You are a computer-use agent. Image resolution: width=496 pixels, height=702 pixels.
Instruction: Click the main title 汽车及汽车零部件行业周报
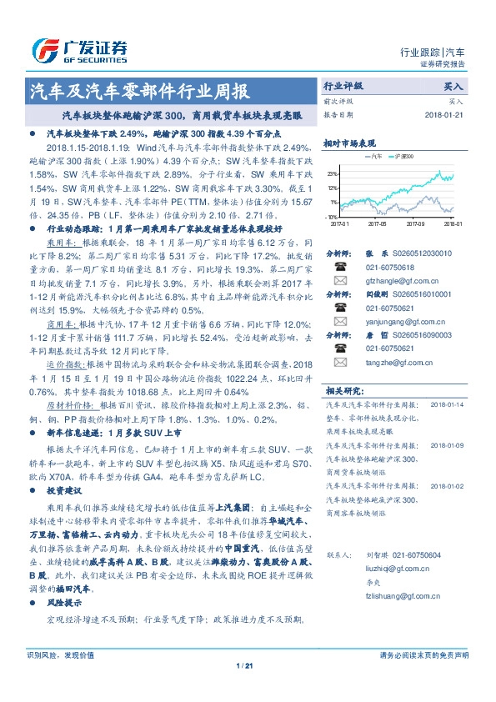coord(138,91)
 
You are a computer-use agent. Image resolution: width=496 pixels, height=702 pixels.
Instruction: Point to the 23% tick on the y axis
coord(333,173)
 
